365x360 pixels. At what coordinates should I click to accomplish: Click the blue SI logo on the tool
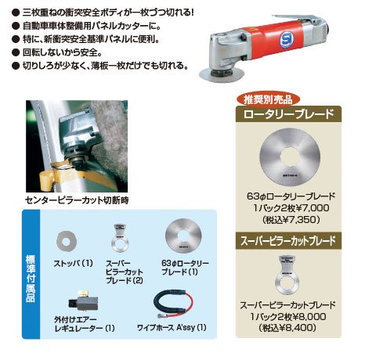coord(287,39)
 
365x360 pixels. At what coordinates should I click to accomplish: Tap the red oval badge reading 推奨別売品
coord(268,99)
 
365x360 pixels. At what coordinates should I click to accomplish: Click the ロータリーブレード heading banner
coord(288,114)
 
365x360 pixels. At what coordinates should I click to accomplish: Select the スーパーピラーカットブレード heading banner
coord(288,240)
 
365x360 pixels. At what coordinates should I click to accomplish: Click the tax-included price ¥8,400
coord(287,328)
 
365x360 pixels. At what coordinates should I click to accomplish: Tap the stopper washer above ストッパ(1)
coord(67,242)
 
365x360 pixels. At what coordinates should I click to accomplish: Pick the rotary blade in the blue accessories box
coord(183,237)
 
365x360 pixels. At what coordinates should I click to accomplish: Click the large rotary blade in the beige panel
coord(290,157)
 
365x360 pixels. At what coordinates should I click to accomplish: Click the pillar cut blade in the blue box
coord(120,238)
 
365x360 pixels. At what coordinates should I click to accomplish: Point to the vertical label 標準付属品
coord(31,278)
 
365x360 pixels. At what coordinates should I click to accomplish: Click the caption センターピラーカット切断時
coord(77,200)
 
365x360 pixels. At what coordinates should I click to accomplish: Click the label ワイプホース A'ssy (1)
coord(172,327)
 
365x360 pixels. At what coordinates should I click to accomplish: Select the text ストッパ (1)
coord(74,263)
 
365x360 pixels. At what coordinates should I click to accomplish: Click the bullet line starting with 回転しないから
coord(56,52)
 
